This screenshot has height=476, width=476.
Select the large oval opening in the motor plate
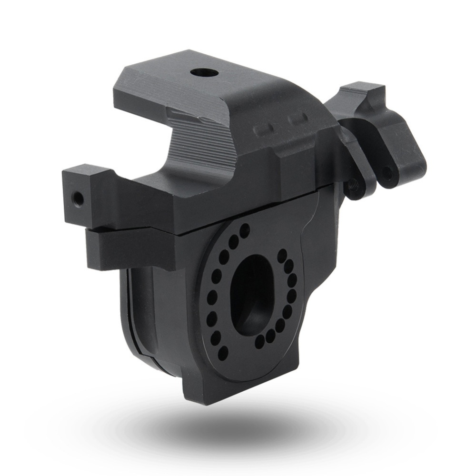pos(250,292)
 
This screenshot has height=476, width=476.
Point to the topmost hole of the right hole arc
pos(282,253)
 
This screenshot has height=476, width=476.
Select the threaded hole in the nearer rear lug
pos(355,183)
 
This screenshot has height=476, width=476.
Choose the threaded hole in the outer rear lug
pos(388,174)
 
